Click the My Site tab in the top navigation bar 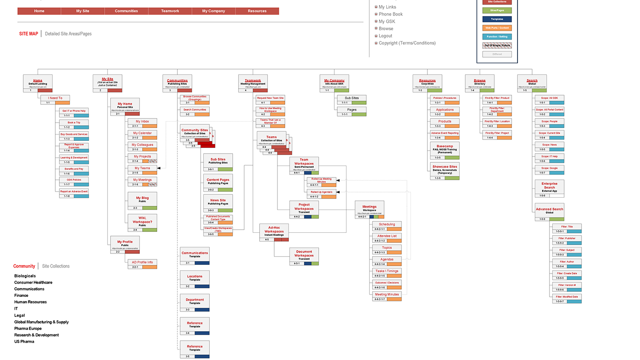coord(83,11)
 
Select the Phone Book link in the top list coord(390,14)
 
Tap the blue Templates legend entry coord(497,19)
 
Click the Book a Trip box coord(74,123)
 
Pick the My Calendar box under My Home coord(142,133)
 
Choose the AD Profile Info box coord(142,263)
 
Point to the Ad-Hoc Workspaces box coord(274,230)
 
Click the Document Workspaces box coord(304,255)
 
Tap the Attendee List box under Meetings coord(387,236)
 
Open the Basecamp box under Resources coord(444,149)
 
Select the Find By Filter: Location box coord(497,122)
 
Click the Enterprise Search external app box coord(549,187)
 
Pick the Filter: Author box coord(567,262)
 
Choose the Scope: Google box coord(549,168)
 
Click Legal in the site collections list coord(19,315)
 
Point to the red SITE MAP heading coord(28,34)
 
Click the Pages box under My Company coord(352,110)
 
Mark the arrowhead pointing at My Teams coord(159,168)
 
